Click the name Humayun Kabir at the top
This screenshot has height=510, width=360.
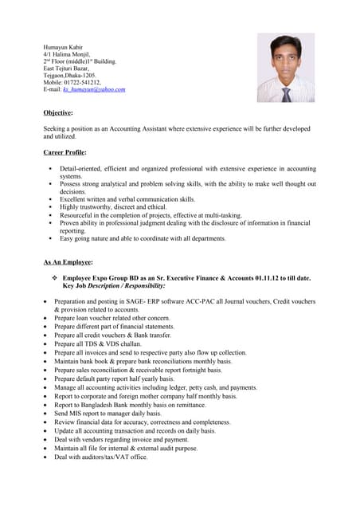coord(63,46)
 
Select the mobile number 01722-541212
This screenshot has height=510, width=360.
coord(82,82)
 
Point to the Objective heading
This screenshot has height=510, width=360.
coord(57,113)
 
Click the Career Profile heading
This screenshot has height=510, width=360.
coord(65,151)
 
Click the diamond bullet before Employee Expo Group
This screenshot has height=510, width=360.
coord(54,278)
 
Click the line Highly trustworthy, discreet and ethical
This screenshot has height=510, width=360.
coord(113,206)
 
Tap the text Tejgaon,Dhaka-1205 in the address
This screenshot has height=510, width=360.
coord(69,75)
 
